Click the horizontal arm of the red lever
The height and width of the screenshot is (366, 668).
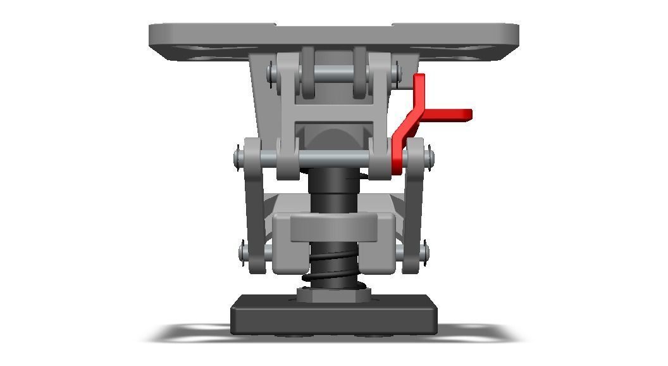pyautogui.click(x=450, y=115)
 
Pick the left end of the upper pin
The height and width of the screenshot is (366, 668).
pyautogui.click(x=271, y=74)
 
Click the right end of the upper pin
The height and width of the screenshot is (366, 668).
pyautogui.click(x=398, y=74)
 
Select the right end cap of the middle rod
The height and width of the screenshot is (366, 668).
pyautogui.click(x=430, y=155)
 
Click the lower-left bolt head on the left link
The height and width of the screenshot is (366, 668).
pyautogui.click(x=244, y=253)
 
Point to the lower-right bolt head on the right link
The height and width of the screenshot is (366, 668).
pyautogui.click(x=424, y=253)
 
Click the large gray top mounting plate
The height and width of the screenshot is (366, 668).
pyautogui.click(x=333, y=35)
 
